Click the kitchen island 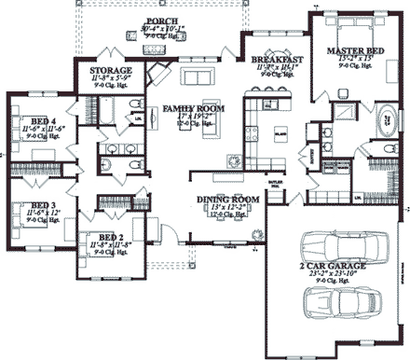tap(277, 134)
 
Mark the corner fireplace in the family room tap(161, 75)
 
